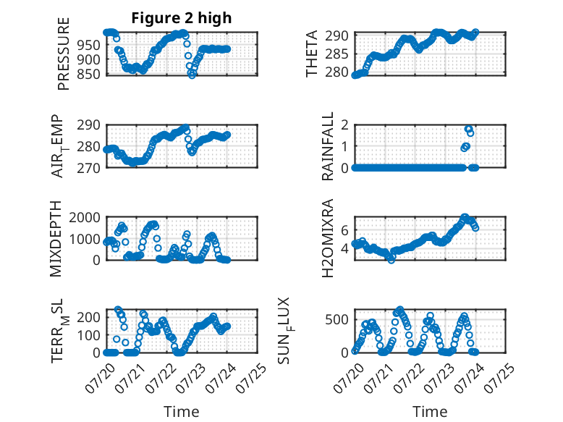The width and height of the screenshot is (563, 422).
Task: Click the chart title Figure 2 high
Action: pos(182,18)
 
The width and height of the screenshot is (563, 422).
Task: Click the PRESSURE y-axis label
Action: pos(63,54)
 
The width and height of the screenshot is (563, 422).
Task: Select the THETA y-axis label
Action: pos(312,54)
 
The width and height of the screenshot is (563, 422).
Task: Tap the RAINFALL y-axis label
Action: pos(328,146)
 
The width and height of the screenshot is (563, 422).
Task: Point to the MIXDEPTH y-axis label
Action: pos(56,239)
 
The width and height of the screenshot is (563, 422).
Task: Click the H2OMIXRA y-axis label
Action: pos(328,238)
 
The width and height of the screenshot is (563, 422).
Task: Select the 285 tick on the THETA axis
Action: pos(336,54)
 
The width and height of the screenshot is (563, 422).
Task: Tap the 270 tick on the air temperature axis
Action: pos(89,168)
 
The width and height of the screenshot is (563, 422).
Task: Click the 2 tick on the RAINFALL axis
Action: pos(344,125)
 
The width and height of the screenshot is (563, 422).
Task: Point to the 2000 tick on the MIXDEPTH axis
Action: pos(85,217)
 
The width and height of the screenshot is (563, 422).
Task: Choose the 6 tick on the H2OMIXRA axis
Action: pos(344,230)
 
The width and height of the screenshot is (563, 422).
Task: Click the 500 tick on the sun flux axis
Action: pos(336,320)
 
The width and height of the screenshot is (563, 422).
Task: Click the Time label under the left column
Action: pos(182,412)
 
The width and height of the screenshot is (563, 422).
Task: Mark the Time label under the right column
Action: pos(430,412)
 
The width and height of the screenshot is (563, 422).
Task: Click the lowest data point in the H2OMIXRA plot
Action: pos(391,260)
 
